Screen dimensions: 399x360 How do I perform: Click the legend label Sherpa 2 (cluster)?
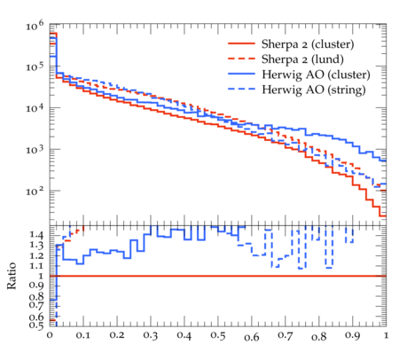pyautogui.click(x=308, y=44)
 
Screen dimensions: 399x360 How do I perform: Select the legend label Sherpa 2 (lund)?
pyautogui.click(x=302, y=59)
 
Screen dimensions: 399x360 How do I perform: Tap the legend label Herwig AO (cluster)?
pyautogui.click(x=316, y=74)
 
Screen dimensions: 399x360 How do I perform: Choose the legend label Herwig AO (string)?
pyautogui.click(x=314, y=90)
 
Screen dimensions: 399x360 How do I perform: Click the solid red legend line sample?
pyautogui.click(x=241, y=43)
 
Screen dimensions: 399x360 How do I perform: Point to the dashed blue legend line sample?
pyautogui.click(x=241, y=89)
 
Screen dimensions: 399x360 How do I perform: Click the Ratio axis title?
pyautogui.click(x=12, y=276)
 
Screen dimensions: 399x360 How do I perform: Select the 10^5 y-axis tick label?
pyautogui.click(x=35, y=67)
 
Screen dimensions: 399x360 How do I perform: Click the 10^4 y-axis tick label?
pyautogui.click(x=35, y=108)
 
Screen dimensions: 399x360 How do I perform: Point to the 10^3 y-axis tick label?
pyautogui.click(x=35, y=149)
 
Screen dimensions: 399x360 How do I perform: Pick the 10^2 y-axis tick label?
pyautogui.click(x=35, y=191)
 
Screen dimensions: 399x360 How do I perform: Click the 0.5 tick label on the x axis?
pyautogui.click(x=218, y=336)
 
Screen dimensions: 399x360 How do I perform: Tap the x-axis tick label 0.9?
pyautogui.click(x=353, y=336)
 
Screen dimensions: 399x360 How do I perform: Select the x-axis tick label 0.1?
pyautogui.click(x=83, y=335)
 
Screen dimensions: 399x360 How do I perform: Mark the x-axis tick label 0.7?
pyautogui.click(x=286, y=336)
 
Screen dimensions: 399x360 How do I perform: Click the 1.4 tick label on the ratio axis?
pyautogui.click(x=36, y=236)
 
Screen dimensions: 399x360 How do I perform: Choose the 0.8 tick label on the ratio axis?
pyautogui.click(x=36, y=296)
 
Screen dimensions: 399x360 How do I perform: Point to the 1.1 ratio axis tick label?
pyautogui.click(x=36, y=266)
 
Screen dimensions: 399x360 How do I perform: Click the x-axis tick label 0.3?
pyautogui.click(x=151, y=336)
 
